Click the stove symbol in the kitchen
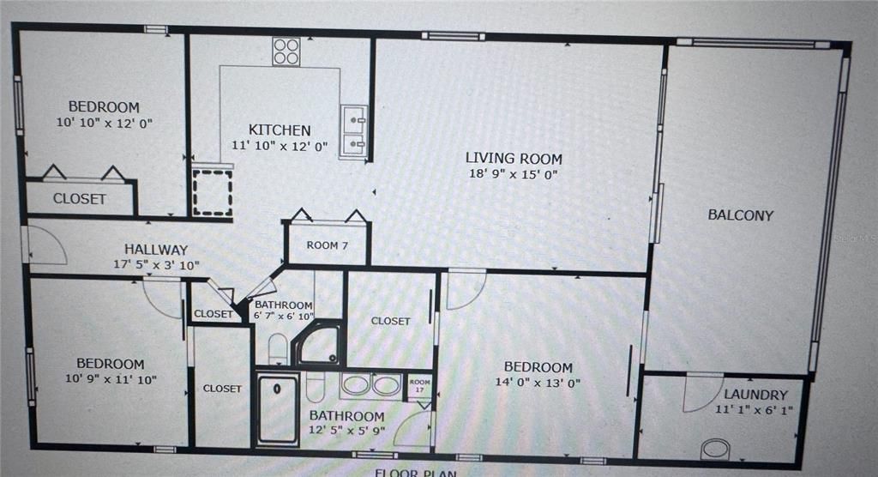click(x=286, y=51)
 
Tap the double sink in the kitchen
click(x=353, y=132)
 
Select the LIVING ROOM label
click(x=514, y=158)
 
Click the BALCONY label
click(x=740, y=215)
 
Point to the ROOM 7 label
click(x=328, y=245)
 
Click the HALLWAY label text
click(x=155, y=249)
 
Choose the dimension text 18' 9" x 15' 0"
click(x=514, y=174)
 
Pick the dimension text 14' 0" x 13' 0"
click(x=538, y=383)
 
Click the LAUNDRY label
click(x=755, y=395)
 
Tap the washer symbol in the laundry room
click(x=715, y=449)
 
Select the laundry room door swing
click(x=702, y=391)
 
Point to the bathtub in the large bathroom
click(x=278, y=408)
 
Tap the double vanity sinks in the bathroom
click(x=371, y=384)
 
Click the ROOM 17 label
click(x=419, y=385)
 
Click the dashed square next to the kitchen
click(x=212, y=192)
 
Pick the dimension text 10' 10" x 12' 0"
click(x=104, y=123)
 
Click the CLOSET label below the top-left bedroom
click(x=80, y=199)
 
